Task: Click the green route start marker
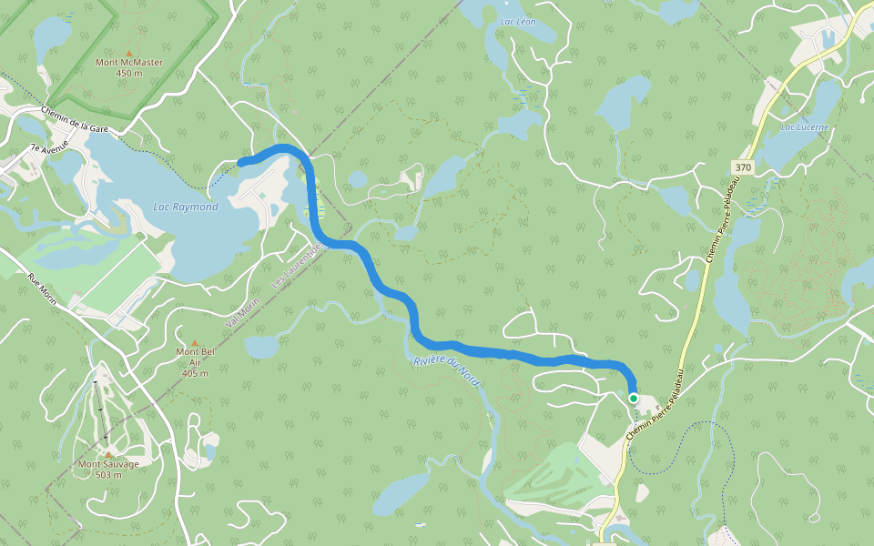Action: pos(634,399)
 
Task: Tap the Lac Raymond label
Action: pos(186,207)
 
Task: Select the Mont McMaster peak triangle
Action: pos(128,53)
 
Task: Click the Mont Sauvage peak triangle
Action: pos(108,454)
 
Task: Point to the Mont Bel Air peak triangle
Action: pos(193,342)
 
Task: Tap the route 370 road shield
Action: pos(743,167)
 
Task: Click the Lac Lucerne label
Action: pos(805,127)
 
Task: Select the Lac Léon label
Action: pos(519,20)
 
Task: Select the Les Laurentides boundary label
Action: pos(292,272)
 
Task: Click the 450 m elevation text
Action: pos(129,73)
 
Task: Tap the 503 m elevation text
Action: pos(108,475)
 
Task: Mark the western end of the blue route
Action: pos(240,163)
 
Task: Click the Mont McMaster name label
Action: pos(129,63)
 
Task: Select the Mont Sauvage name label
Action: pos(108,464)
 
